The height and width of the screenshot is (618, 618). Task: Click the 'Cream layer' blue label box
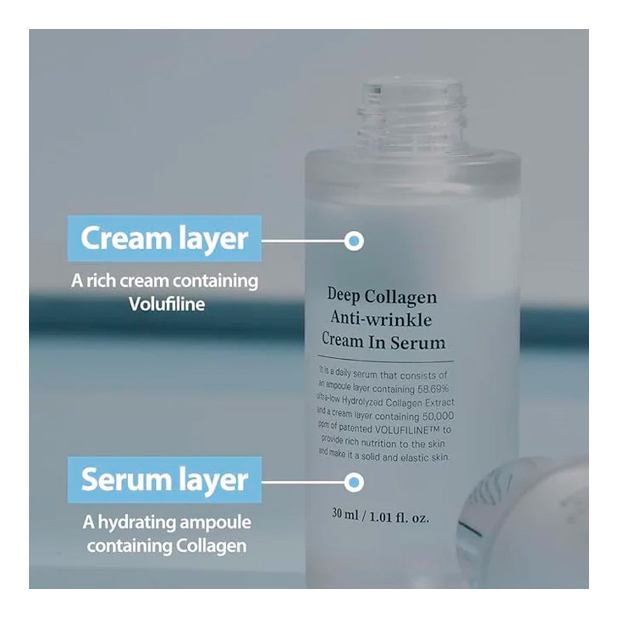click(x=164, y=238)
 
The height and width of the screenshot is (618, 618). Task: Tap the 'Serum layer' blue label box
click(x=164, y=480)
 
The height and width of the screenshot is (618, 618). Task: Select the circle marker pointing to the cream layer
click(x=354, y=241)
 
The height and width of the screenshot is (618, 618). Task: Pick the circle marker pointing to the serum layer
click(x=354, y=482)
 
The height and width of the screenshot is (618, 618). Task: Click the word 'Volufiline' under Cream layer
click(x=166, y=304)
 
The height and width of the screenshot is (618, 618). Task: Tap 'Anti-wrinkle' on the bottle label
click(x=381, y=319)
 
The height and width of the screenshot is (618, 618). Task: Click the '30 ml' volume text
click(x=345, y=515)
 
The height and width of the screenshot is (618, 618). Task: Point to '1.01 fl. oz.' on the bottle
click(x=399, y=517)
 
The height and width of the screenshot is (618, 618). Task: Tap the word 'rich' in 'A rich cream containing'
click(x=101, y=281)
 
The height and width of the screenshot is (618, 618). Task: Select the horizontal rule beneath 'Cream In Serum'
click(x=386, y=358)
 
